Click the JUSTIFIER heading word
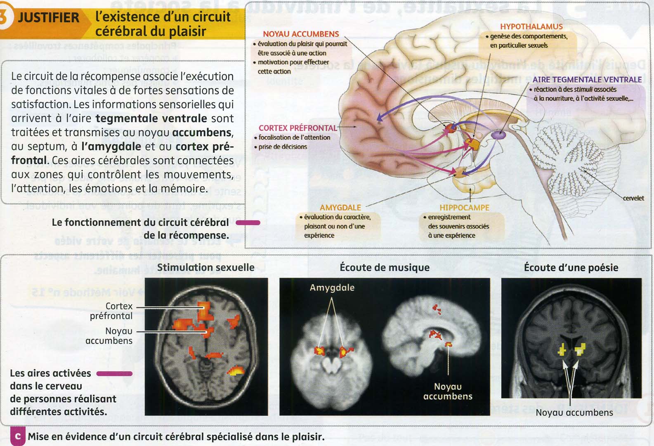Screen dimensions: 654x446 48,18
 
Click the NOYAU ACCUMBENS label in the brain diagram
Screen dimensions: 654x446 301,34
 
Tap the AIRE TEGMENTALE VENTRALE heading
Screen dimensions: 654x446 587,80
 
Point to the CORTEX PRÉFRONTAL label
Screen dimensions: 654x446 297,128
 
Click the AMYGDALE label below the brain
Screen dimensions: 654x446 340,208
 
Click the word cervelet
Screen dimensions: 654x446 633,198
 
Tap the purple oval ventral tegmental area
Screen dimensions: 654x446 498,134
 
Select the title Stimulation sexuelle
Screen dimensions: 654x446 205,268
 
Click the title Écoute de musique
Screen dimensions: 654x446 385,268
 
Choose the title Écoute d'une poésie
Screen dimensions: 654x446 571,268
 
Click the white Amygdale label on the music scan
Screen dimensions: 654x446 332,288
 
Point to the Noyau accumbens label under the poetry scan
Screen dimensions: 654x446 574,413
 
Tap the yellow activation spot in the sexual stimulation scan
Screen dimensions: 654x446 236,370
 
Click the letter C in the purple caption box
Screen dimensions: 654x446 17,437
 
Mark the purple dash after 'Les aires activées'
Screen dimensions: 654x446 114,374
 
